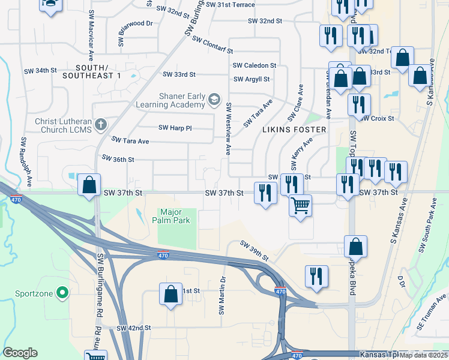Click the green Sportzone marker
pyautogui.click(x=62, y=293)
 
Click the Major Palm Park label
pyautogui.click(x=175, y=216)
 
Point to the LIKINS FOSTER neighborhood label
pyautogui.click(x=294, y=130)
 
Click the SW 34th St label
pyautogui.click(x=40, y=71)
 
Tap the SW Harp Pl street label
pyautogui.click(x=175, y=128)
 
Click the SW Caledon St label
pyautogui.click(x=254, y=65)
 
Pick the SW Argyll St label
pyautogui.click(x=252, y=79)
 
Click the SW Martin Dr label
pyautogui.click(x=221, y=296)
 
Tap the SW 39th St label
pyautogui.click(x=255, y=251)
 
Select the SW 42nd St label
pyautogui.click(x=134, y=328)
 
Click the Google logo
pyautogui.click(x=20, y=353)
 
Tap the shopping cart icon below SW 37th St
pyautogui.click(x=300, y=206)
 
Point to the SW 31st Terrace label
pyautogui.click(x=230, y=5)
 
